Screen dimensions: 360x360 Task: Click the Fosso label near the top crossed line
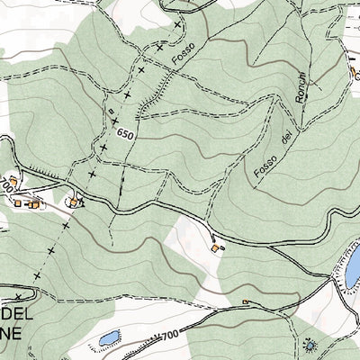(x=184, y=59)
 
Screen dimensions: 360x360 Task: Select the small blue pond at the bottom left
(x=109, y=337)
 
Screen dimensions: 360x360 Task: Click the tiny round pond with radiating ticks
(x=310, y=344)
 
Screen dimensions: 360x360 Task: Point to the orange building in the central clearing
(x=215, y=247)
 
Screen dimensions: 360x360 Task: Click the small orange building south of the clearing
(x=245, y=301)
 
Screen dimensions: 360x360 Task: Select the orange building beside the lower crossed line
(x=75, y=201)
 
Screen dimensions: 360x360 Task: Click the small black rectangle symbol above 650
(x=112, y=112)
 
